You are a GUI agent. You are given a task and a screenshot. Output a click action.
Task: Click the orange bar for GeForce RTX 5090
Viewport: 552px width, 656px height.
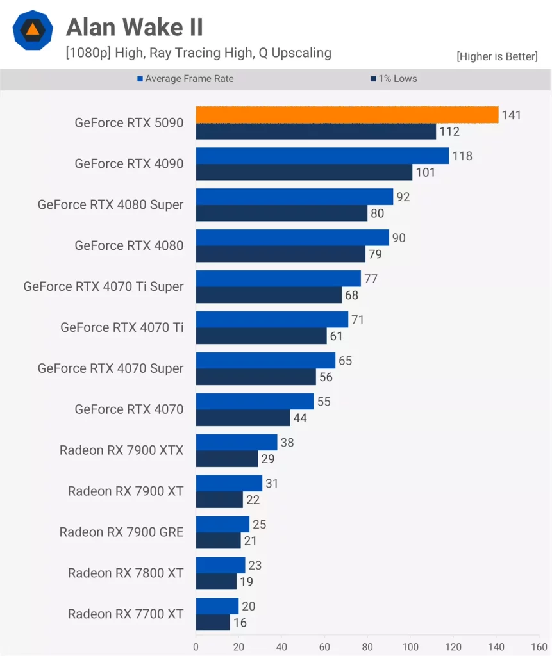(347, 115)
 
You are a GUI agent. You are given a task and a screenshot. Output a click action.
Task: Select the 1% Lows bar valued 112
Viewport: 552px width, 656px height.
(315, 131)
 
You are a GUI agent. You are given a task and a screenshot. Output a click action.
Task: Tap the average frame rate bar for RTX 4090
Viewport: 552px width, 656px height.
(322, 156)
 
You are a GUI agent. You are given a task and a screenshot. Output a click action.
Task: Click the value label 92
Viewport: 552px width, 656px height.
(403, 197)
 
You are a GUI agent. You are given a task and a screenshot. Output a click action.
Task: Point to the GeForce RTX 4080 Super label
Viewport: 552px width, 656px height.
(110, 205)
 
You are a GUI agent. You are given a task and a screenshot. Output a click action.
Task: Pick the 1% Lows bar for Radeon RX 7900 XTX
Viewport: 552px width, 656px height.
(226, 459)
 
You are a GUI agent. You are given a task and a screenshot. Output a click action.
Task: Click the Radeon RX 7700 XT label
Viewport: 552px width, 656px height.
(126, 614)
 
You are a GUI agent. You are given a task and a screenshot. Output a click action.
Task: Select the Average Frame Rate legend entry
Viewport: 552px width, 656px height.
(185, 79)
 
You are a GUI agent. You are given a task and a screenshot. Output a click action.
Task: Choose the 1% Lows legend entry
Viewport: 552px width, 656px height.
(394, 79)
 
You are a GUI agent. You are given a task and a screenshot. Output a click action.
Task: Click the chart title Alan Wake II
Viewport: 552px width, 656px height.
(135, 27)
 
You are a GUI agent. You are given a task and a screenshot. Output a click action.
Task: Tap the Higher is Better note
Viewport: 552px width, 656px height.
(497, 56)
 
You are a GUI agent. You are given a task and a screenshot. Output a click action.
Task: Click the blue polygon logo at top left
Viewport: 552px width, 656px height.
(32, 29)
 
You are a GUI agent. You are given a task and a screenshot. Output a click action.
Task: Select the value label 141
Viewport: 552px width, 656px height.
(512, 115)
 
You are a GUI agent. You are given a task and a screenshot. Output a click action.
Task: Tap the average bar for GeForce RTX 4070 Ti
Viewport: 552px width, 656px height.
(272, 320)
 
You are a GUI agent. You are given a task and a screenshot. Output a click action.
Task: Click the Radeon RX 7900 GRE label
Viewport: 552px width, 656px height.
(121, 532)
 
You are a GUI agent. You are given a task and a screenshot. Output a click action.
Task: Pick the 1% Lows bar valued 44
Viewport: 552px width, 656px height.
(243, 418)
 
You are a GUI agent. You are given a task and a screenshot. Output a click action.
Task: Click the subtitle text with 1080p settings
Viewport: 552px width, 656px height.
(198, 53)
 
